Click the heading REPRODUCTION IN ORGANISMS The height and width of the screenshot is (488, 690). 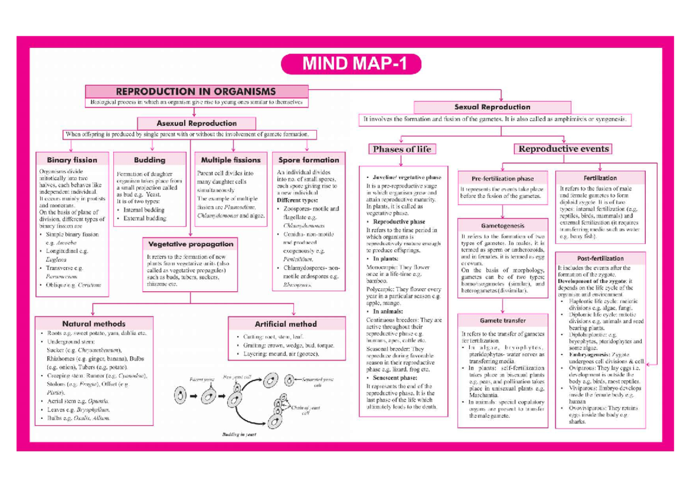pyautogui.click(x=195, y=91)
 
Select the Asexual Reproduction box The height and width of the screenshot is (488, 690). pyautogui.click(x=196, y=123)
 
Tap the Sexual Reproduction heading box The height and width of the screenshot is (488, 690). pyautogui.click(x=492, y=107)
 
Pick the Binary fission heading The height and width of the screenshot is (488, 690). pyautogui.click(x=72, y=159)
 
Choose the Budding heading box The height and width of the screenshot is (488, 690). pyautogui.click(x=149, y=159)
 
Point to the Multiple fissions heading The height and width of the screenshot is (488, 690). pyautogui.click(x=231, y=159)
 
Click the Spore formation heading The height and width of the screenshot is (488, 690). pyautogui.click(x=308, y=159)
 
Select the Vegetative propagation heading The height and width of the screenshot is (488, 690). pyautogui.click(x=191, y=244)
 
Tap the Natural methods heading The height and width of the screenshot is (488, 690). pyautogui.click(x=94, y=323)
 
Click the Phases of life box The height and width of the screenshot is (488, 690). pyautogui.click(x=402, y=149)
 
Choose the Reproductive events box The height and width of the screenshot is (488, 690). pyautogui.click(x=563, y=149)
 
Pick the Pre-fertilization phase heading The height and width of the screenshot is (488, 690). pyautogui.click(x=503, y=178)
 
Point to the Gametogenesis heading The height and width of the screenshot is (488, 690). pyautogui.click(x=503, y=226)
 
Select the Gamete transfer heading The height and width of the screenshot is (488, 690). pyautogui.click(x=503, y=321)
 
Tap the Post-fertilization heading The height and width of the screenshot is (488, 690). pyautogui.click(x=600, y=258)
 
